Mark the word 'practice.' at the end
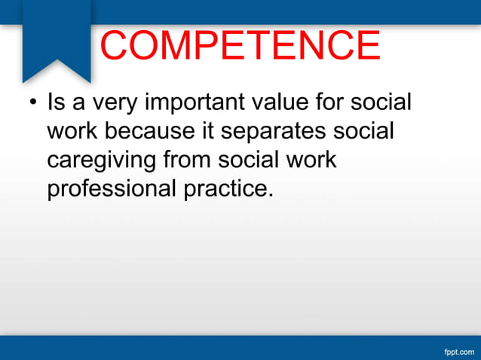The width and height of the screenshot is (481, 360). pyautogui.click(x=227, y=188)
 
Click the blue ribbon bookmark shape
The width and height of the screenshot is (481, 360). pyautogui.click(x=57, y=38)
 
